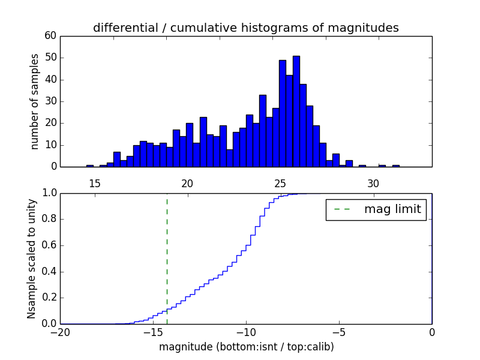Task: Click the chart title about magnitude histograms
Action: click(x=245, y=28)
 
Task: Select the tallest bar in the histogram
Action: click(x=296, y=111)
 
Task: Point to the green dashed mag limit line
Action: click(x=167, y=258)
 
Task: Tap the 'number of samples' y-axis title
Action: click(x=35, y=101)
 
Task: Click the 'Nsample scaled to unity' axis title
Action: click(x=32, y=258)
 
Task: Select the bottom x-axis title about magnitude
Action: click(x=246, y=347)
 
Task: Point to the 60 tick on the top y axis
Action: click(x=50, y=36)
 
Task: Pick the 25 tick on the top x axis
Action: click(x=280, y=183)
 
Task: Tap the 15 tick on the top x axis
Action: click(x=94, y=183)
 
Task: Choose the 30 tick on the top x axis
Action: click(x=373, y=183)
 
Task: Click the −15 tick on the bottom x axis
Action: click(x=153, y=332)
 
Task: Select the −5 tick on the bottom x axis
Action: click(x=339, y=332)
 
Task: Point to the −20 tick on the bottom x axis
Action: click(x=60, y=332)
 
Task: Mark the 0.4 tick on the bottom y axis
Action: click(x=49, y=271)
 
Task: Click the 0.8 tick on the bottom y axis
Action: click(x=49, y=219)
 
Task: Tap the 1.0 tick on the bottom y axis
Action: click(x=49, y=193)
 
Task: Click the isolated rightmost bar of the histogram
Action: click(x=395, y=166)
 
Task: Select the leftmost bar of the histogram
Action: click(x=90, y=166)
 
